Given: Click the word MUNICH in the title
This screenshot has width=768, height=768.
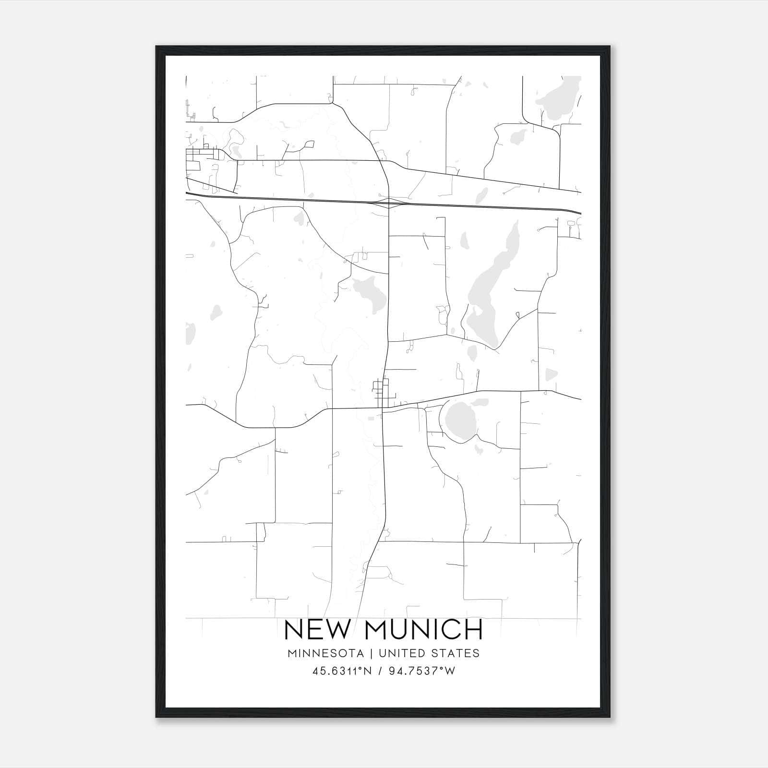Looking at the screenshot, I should click(x=424, y=630).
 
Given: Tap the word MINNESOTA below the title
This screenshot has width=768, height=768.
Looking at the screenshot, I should click(x=329, y=653).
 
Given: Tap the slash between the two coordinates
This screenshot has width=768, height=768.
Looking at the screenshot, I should click(x=380, y=671).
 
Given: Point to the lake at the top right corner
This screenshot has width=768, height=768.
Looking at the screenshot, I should click(x=559, y=98).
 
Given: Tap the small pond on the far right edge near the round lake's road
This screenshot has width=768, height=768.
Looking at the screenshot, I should click(x=551, y=374).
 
